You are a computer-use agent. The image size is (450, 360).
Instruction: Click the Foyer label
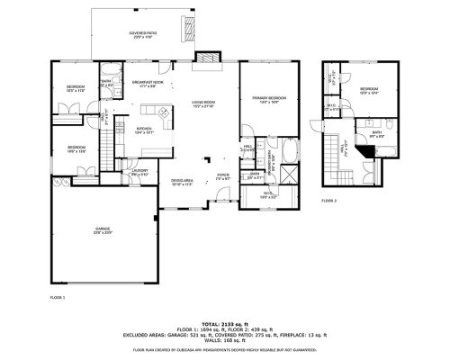click(222, 176)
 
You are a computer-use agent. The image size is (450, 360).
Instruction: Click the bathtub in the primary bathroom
click(290, 148)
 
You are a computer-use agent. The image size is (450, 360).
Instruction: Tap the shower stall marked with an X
click(290, 175)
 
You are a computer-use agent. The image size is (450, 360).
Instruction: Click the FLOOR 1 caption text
click(58, 295)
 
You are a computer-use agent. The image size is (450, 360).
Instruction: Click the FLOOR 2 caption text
click(329, 200)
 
